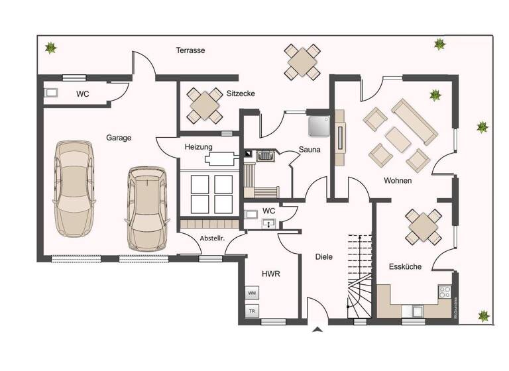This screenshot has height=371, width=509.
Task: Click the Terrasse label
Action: (x=190, y=50)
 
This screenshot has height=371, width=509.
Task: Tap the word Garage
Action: (x=119, y=138)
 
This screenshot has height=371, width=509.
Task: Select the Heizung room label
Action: (x=198, y=146)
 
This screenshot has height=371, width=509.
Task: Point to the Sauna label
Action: (x=310, y=150)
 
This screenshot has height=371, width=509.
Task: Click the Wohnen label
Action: (x=398, y=180)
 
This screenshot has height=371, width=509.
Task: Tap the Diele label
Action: (x=324, y=256)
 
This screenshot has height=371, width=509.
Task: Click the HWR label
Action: (x=270, y=273)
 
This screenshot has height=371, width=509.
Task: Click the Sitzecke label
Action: (x=241, y=93)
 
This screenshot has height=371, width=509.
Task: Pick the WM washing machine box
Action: (x=252, y=292)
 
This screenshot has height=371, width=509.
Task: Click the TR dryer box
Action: (x=252, y=310)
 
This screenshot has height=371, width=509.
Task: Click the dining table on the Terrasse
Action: (x=302, y=62)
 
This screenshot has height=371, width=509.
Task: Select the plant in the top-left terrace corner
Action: (x=50, y=47)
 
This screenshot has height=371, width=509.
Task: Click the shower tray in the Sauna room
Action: (x=320, y=124)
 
